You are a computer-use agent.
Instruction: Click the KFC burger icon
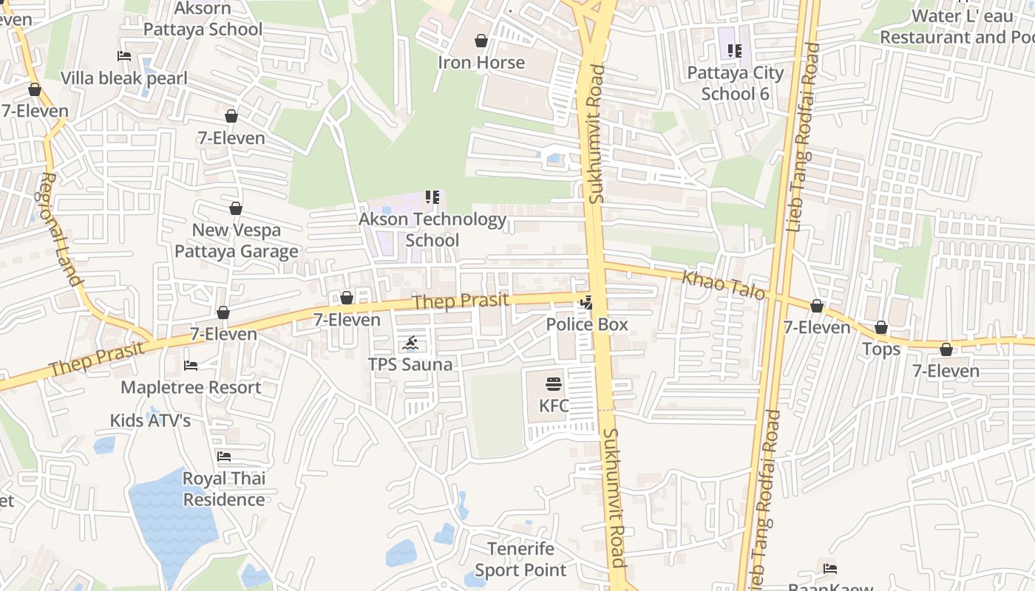tap(554, 383)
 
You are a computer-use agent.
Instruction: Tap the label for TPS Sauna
tap(410, 364)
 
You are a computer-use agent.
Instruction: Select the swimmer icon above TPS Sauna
tap(411, 343)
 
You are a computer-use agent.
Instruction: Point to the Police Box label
tap(587, 324)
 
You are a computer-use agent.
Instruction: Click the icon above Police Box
tap(587, 301)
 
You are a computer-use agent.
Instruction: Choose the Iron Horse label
tap(481, 63)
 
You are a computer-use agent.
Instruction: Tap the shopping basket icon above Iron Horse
tap(481, 41)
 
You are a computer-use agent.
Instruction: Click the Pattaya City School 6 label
tap(735, 83)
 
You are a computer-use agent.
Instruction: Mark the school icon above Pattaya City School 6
tap(734, 50)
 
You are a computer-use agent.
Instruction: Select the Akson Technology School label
tap(432, 230)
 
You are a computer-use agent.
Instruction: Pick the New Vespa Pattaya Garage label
tap(237, 241)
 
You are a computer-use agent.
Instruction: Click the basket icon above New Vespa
tap(236, 208)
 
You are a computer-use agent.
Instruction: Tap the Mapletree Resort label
tap(191, 387)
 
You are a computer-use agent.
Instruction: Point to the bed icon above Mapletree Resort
tap(191, 365)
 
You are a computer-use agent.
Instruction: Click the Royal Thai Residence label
tap(224, 489)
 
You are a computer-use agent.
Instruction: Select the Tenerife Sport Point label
tap(520, 559)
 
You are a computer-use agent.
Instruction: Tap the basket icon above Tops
tap(881, 327)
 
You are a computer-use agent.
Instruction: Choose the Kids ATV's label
tap(150, 420)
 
